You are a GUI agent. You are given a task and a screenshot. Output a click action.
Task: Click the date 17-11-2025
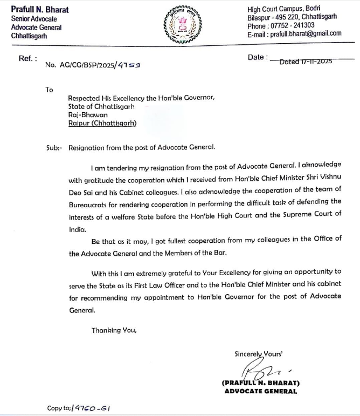pyautogui.click(x=306, y=62)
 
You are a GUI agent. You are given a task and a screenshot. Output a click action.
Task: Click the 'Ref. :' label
pyautogui.click(x=28, y=58)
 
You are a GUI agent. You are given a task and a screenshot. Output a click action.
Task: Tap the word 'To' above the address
pyautogui.click(x=50, y=90)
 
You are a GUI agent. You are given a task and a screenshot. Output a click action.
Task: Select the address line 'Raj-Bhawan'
pyautogui.click(x=88, y=115)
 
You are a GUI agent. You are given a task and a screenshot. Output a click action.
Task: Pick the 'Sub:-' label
pyautogui.click(x=54, y=147)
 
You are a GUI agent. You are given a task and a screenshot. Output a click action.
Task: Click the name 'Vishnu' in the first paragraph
pyautogui.click(x=330, y=176)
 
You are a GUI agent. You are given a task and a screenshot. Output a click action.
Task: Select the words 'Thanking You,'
pyautogui.click(x=114, y=330)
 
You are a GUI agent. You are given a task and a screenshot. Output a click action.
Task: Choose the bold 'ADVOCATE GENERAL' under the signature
pyautogui.click(x=260, y=391)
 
